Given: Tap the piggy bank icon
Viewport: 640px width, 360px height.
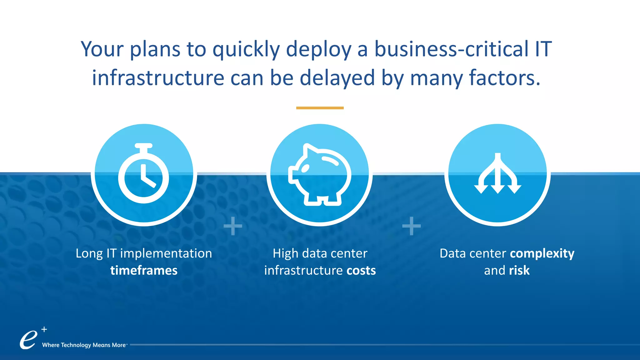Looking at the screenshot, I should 319,175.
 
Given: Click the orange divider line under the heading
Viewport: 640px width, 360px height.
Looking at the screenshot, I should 320,108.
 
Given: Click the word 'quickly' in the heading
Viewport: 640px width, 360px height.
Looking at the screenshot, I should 246,49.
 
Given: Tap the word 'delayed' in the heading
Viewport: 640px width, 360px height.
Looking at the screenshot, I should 337,78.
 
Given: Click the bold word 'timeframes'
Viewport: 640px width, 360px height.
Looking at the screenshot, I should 144,270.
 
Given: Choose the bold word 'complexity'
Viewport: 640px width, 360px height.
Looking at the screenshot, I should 542,253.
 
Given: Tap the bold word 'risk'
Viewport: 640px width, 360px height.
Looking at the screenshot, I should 519,270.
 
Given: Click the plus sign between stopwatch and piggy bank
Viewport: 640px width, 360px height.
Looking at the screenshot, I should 233,226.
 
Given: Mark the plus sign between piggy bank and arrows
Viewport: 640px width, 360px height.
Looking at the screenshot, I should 411,226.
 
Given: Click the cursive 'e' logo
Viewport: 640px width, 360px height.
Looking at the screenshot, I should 28,340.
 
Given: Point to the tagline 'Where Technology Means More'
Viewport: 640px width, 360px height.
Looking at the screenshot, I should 84,345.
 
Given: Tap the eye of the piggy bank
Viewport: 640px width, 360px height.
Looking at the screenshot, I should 305,168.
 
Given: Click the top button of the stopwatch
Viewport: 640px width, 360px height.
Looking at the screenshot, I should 143,146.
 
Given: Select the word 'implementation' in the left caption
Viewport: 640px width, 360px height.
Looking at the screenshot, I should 166,253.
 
